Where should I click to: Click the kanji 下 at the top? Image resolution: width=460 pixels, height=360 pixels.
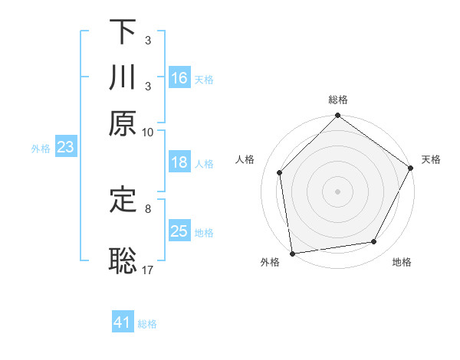click(123, 33)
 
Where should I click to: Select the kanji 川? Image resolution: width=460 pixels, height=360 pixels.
click(123, 79)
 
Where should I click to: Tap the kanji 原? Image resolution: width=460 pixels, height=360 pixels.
click(123, 124)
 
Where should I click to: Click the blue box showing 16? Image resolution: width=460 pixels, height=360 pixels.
click(179, 78)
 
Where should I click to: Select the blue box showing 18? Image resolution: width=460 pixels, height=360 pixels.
click(179, 162)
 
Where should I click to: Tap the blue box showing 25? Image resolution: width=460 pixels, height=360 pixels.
click(179, 231)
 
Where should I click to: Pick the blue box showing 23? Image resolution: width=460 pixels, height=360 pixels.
click(65, 148)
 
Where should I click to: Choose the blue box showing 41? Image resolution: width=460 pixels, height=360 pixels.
click(123, 322)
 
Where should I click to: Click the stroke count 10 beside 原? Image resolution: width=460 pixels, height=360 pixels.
click(148, 132)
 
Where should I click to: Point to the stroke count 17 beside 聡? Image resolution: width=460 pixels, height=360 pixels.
click(148, 270)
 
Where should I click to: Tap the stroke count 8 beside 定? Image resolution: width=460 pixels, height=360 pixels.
click(148, 208)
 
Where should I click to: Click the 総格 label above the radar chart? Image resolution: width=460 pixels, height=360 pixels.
click(337, 100)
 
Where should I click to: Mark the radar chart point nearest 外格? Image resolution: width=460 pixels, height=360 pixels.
click(292, 254)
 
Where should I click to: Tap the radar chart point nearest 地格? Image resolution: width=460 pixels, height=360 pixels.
click(374, 242)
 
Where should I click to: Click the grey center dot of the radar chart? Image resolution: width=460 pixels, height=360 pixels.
click(337, 191)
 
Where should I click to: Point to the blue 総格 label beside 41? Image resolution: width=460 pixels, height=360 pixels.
click(147, 324)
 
